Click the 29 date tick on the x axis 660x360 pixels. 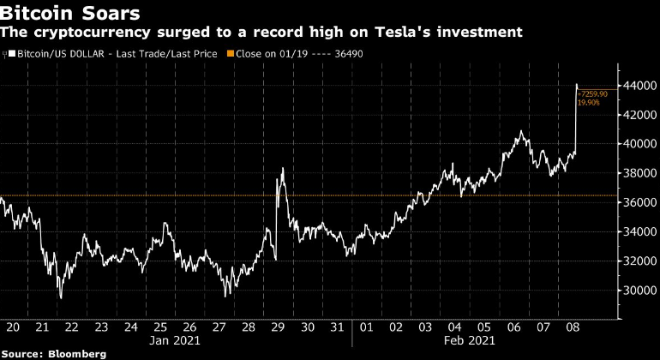point(277,327)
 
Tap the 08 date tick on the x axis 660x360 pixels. point(574,327)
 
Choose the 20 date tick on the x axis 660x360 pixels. point(13,327)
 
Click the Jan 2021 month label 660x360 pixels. point(174,340)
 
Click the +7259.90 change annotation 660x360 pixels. point(594,93)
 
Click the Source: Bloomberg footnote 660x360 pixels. point(53,353)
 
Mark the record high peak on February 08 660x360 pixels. point(576,85)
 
